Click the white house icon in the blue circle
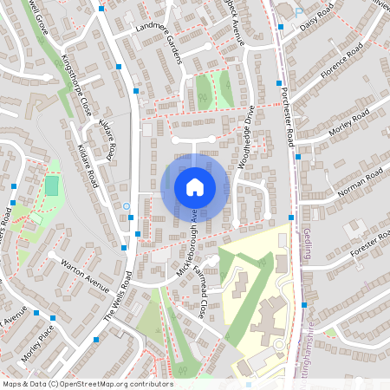click(x=194, y=186)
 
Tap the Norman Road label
click(x=361, y=183)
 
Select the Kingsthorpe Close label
click(x=75, y=87)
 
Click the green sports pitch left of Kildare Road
click(x=52, y=185)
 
